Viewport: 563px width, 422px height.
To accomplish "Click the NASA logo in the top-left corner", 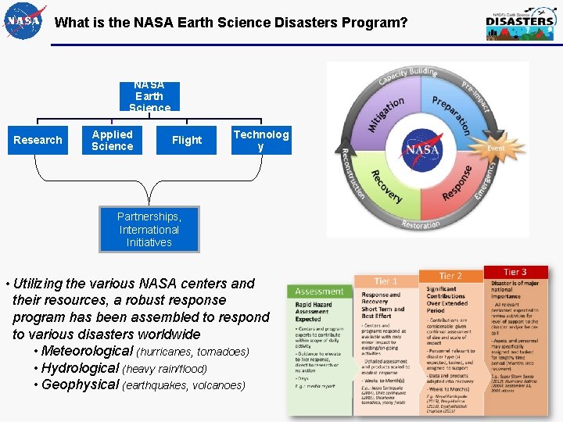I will tap(24, 21).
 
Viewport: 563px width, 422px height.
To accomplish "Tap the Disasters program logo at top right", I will tap(520, 24).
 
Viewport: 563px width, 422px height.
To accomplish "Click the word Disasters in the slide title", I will tap(304, 23).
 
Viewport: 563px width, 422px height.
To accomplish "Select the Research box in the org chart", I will tap(38, 140).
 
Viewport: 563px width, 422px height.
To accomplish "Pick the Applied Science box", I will tap(112, 140).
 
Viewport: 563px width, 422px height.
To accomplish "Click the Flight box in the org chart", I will tap(187, 140).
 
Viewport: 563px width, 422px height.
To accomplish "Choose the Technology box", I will tap(260, 140).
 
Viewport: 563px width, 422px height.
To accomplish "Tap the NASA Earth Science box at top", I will tap(149, 96).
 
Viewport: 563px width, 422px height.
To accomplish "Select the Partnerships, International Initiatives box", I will tap(149, 229).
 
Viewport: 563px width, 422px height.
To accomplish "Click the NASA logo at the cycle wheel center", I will tap(422, 148).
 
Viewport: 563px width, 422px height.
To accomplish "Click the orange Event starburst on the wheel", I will tap(496, 148).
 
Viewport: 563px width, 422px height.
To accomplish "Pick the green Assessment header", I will tap(319, 291).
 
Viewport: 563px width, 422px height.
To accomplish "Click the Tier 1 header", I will tap(386, 281).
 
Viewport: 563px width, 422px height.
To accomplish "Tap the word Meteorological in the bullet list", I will tap(87, 352).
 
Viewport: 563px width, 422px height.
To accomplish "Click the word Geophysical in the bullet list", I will tap(81, 384).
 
